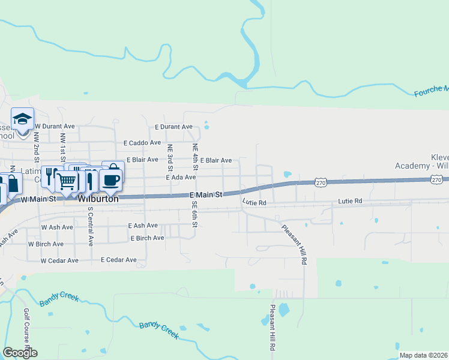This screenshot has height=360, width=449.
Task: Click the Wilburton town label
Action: point(97,198)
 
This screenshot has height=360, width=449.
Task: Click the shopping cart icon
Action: point(67,181)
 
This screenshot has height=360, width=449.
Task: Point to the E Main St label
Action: point(206,195)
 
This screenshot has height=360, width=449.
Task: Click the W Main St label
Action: point(38,198)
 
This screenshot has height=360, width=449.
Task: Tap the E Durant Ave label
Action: point(173,127)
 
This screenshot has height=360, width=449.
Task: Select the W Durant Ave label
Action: point(55,127)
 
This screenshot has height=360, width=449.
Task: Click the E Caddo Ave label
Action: point(142,143)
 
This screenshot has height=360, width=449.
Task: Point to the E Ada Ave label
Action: point(181,177)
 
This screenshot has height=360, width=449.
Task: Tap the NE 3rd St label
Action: point(170,156)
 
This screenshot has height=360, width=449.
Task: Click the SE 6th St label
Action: point(194,214)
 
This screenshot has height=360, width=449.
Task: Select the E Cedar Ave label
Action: point(119,260)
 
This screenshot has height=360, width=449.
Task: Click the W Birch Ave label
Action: point(46,244)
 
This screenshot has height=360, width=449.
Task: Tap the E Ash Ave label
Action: point(143,226)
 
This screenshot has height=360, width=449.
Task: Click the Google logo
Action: point(20,353)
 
